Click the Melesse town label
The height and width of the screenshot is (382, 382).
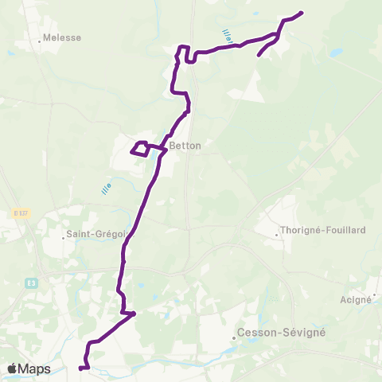pyautogui.click(x=62, y=37)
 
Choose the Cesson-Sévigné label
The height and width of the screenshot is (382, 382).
pyautogui.click(x=275, y=333)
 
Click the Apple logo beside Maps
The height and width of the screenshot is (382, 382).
pyautogui.click(x=12, y=368)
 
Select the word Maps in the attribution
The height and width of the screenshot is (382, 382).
pyautogui.click(x=35, y=368)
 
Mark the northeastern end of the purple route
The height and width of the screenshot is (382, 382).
pyautogui.click(x=302, y=13)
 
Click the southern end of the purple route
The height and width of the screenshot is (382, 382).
pyautogui.click(x=81, y=368)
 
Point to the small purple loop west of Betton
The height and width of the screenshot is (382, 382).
pyautogui.click(x=139, y=149)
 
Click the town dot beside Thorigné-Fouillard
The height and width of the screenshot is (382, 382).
pyautogui.click(x=277, y=234)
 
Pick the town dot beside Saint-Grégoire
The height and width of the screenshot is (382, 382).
pyautogui.click(x=64, y=236)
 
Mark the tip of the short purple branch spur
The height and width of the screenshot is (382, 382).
pyautogui.click(x=259, y=56)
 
